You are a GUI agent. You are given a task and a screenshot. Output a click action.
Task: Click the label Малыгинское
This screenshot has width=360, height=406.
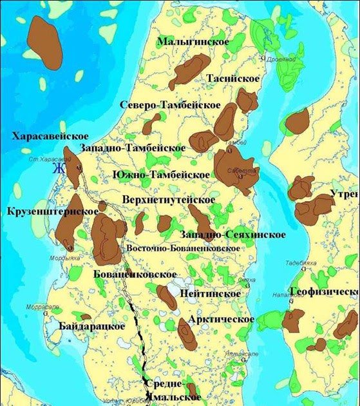(x=193, y=42)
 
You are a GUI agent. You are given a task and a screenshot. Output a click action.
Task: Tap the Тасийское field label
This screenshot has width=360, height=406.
(x=232, y=79)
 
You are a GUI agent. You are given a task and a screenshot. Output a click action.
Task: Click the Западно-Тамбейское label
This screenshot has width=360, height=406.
(x=133, y=148)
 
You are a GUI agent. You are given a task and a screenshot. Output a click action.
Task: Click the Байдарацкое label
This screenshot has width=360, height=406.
(x=91, y=326)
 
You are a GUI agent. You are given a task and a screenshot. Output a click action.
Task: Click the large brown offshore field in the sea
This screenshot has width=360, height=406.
(x=45, y=42)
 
